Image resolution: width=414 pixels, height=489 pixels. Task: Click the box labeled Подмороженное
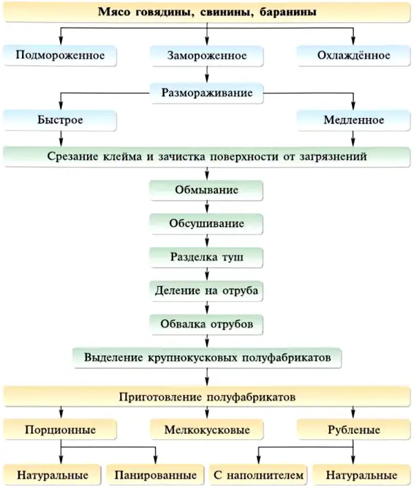point(60,55)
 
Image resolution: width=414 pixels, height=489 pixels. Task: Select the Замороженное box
point(206,55)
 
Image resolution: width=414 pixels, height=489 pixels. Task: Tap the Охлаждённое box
point(353,55)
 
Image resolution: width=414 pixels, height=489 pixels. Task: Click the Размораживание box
point(206,93)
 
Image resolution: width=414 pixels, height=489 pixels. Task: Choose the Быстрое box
point(60,120)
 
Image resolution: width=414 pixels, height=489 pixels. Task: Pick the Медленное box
point(353,120)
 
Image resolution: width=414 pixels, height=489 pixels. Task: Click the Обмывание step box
point(206,190)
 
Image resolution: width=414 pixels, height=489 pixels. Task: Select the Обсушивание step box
point(206,223)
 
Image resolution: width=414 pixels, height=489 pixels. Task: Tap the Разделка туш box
point(206,257)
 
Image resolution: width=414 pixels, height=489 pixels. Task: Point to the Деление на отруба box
point(206,290)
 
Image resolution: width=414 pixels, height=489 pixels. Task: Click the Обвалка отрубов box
point(206,324)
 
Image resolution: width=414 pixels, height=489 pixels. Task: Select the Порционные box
point(60,430)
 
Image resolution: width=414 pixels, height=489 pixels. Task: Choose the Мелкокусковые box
point(206,430)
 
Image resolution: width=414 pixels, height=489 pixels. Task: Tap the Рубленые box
point(353,430)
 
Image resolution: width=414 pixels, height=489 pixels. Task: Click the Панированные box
point(155,475)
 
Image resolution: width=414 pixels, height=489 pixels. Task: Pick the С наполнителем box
point(258,475)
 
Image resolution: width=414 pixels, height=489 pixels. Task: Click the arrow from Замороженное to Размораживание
point(207,74)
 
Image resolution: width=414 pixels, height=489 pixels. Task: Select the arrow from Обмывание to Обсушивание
point(207,207)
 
